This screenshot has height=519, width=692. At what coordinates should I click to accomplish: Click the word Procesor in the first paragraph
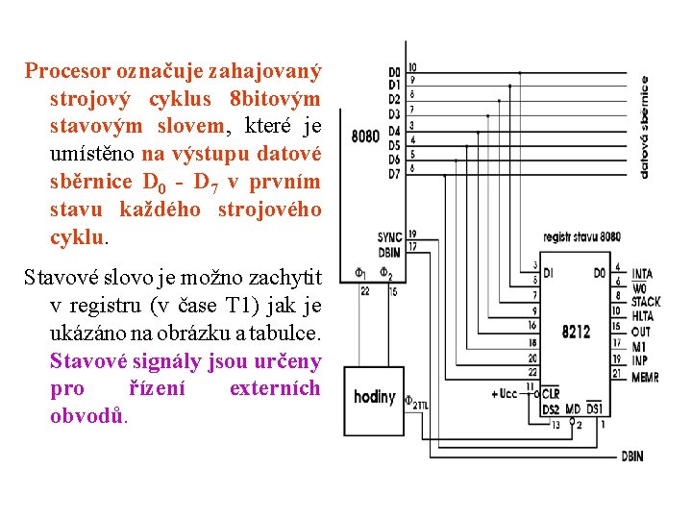coord(66,71)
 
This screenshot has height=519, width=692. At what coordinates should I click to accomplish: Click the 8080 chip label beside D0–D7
coord(365,136)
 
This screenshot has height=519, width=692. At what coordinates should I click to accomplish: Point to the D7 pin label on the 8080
coord(394,174)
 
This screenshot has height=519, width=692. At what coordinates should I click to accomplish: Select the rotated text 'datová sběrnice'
coord(644,128)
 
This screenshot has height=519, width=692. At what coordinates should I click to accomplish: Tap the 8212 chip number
coord(577,333)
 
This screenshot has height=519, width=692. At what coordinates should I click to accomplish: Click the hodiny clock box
coord(375,397)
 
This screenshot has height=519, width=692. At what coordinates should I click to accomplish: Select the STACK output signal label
coord(645,302)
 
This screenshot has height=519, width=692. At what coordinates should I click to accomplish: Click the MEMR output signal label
coord(645,378)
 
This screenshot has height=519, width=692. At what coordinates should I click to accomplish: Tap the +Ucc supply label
coord(505,394)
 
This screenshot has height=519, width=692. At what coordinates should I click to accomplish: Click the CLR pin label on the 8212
coord(551,394)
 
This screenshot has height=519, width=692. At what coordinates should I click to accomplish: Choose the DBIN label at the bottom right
coord(632,457)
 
